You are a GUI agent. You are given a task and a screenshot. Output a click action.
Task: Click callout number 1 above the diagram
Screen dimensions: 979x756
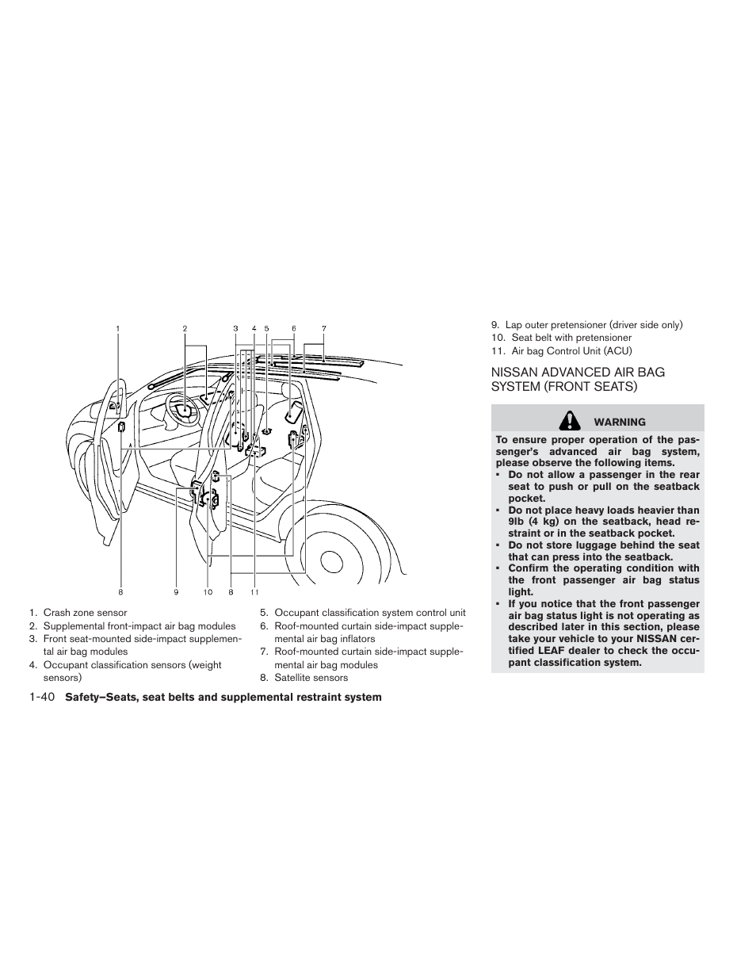coord(118,328)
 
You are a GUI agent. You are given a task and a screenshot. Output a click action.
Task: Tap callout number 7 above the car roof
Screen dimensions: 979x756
coord(323,328)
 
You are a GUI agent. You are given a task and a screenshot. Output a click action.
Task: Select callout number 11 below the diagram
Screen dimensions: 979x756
coord(254,592)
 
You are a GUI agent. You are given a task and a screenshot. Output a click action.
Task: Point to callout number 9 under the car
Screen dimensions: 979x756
coord(177,592)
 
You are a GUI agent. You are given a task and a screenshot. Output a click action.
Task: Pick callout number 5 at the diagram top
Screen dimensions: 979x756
coord(266,328)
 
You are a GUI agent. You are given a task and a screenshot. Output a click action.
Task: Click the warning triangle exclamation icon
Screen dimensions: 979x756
coord(568,421)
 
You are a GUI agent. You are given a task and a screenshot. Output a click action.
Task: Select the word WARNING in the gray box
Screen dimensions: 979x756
coord(620,423)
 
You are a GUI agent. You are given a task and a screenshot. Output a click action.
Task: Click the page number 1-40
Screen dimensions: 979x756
coord(40,698)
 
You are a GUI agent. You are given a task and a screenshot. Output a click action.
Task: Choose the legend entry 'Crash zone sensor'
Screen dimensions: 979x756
coord(85,613)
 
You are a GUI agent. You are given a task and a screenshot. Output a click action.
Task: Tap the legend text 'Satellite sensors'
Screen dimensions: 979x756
coord(311,678)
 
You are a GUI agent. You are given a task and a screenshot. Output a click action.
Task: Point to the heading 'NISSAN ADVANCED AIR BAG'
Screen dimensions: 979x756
coord(578,372)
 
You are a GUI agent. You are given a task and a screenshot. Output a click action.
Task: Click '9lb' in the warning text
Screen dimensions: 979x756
coord(517,522)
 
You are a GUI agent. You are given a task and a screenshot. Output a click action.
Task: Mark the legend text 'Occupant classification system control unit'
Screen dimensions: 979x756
coord(369,613)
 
